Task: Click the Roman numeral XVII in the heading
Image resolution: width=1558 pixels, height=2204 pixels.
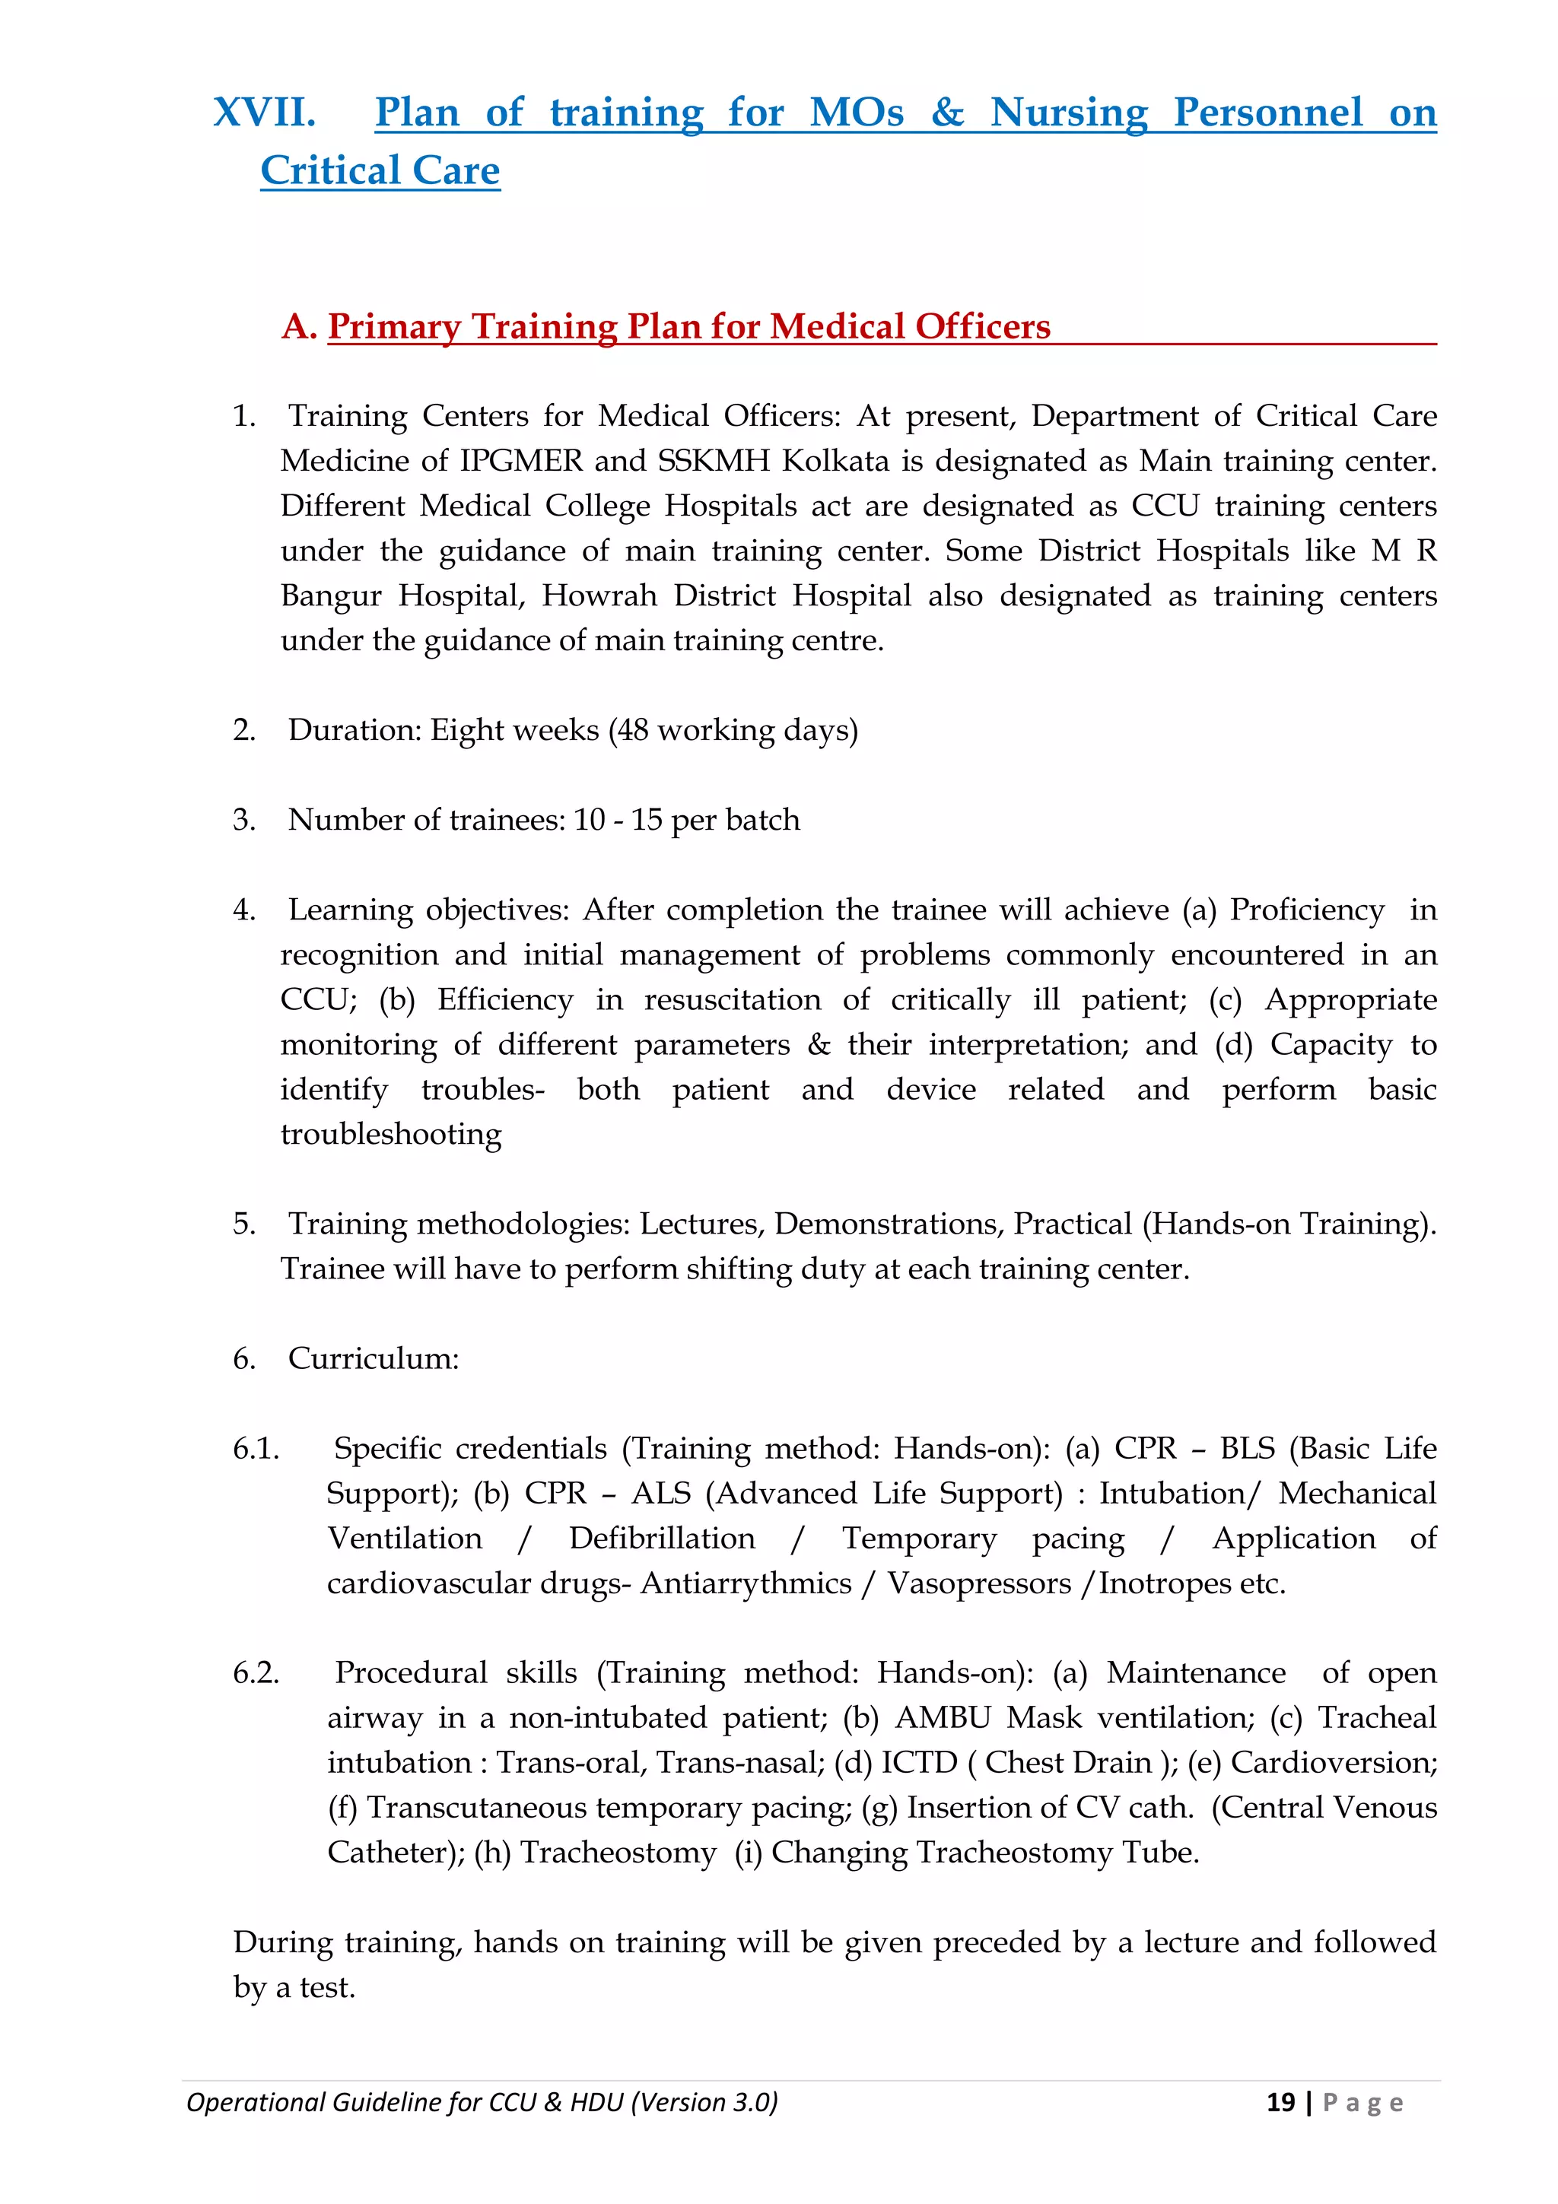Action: click(264, 113)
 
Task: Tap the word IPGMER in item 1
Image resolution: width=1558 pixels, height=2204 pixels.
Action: click(520, 461)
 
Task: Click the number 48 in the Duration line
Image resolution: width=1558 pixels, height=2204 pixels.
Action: click(631, 731)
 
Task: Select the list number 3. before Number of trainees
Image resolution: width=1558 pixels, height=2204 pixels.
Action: click(244, 820)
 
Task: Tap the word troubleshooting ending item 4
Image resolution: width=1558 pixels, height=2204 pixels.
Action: click(391, 1134)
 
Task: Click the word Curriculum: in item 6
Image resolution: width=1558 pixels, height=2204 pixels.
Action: click(374, 1358)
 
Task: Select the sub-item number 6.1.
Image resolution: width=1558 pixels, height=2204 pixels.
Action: click(256, 1449)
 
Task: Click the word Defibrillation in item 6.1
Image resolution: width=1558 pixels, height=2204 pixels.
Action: click(661, 1538)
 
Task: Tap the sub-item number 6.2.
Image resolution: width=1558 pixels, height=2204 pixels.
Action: click(256, 1673)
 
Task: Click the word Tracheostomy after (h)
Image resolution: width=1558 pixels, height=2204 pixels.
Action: click(618, 1852)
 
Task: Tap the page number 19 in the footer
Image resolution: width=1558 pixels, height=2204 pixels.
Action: click(1280, 2102)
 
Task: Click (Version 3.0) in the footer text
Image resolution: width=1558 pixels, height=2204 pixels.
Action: click(704, 2102)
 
